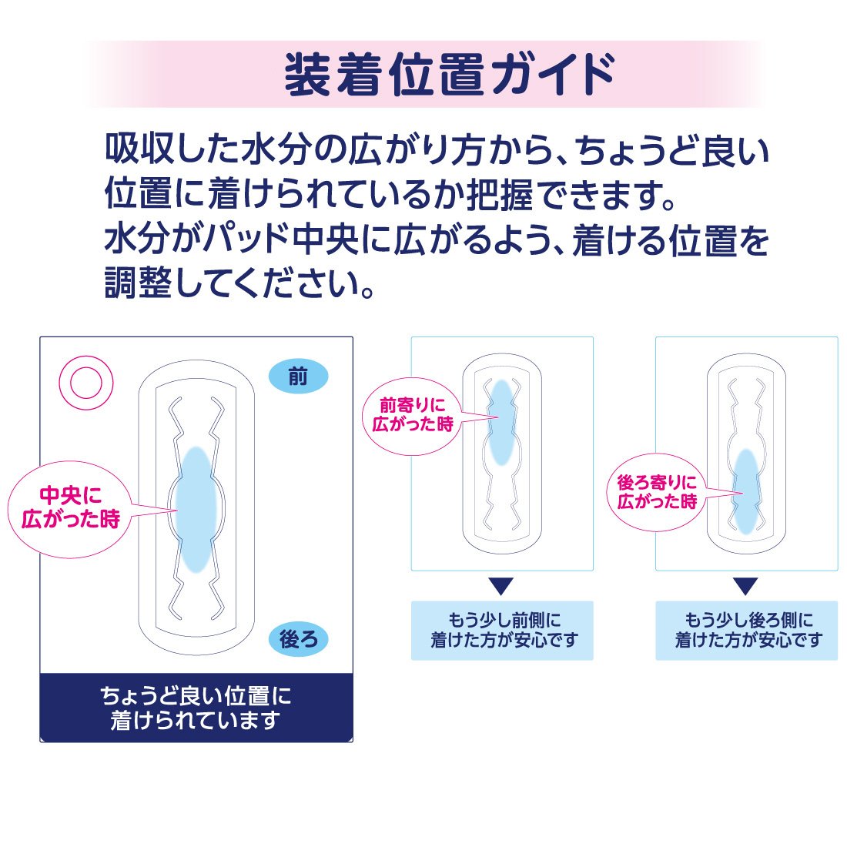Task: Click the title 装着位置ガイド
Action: click(x=450, y=75)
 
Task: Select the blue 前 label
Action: click(x=298, y=377)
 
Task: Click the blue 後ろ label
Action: click(x=298, y=639)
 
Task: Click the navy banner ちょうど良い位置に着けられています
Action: click(x=196, y=708)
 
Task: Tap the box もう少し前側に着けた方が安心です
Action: click(x=502, y=631)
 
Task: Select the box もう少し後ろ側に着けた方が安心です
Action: click(x=746, y=631)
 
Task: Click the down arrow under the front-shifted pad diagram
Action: click(x=501, y=587)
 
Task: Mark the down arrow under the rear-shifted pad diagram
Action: click(x=745, y=587)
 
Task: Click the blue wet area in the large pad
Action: click(x=196, y=508)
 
